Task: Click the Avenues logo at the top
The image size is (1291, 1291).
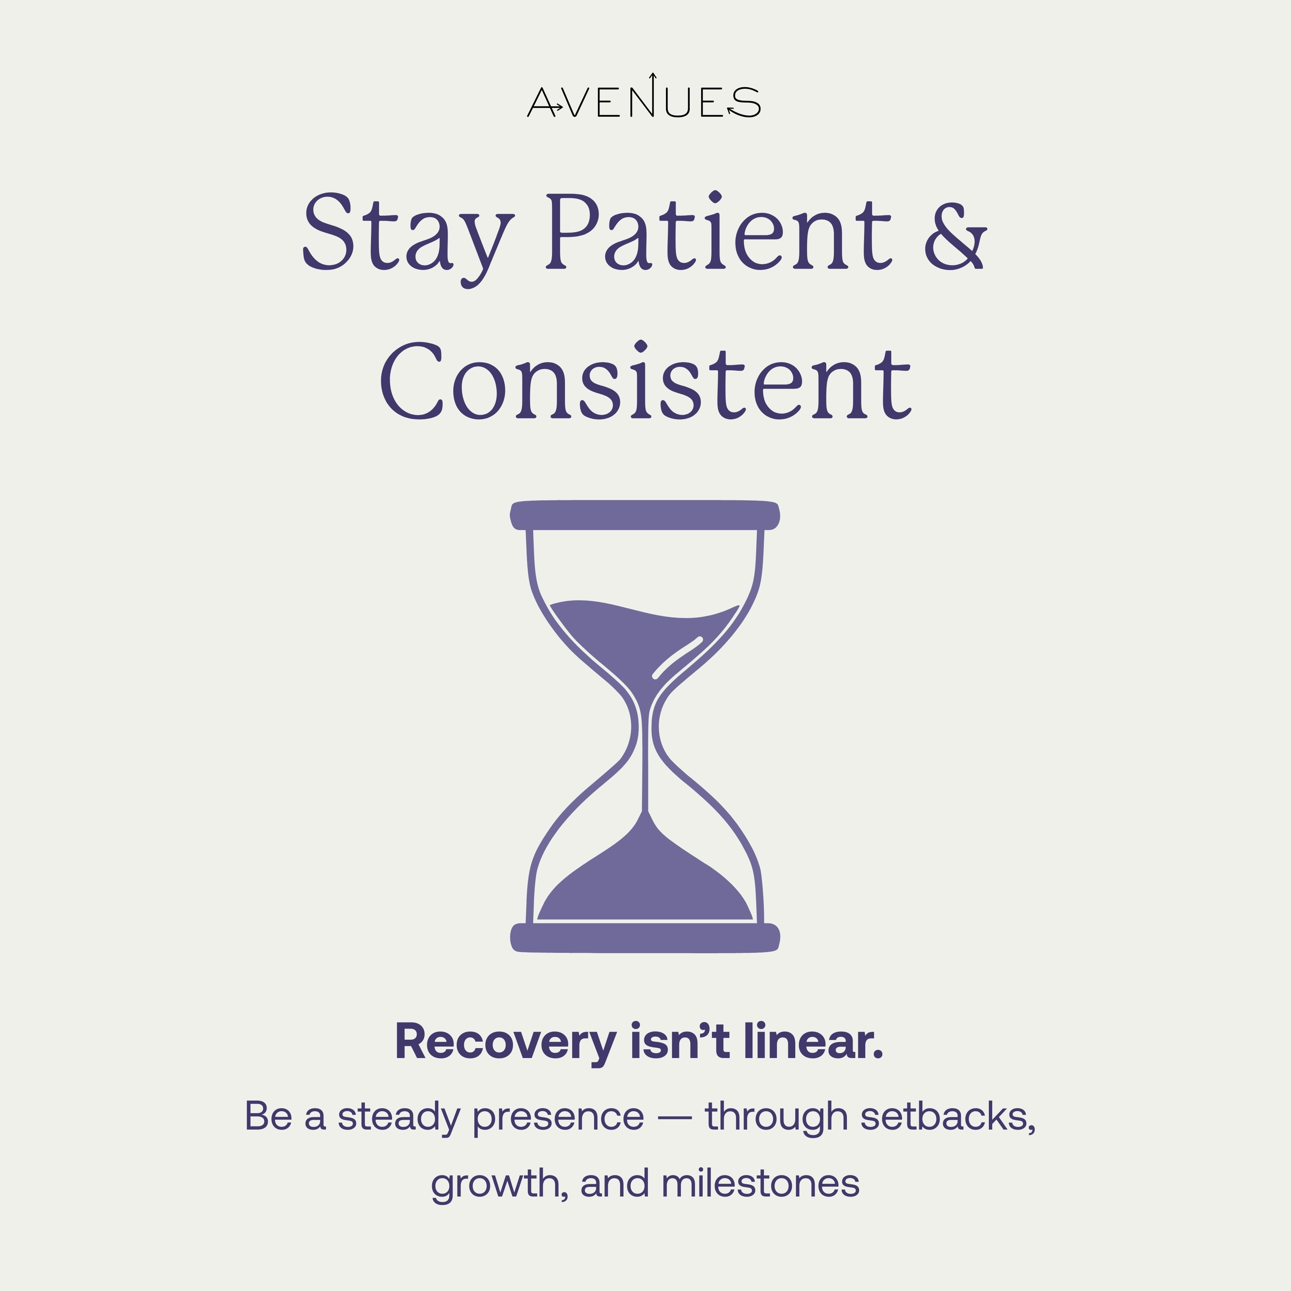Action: pos(643,96)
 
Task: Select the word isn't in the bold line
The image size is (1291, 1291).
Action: pos(680,1041)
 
